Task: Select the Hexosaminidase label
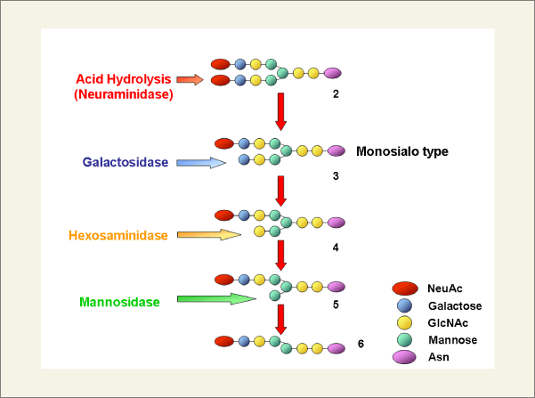click(118, 235)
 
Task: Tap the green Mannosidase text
click(118, 302)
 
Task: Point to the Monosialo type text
click(401, 151)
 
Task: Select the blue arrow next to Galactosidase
click(201, 163)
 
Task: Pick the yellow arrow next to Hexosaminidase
click(209, 235)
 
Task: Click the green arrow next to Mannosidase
click(216, 300)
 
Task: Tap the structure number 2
click(336, 93)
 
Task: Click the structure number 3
click(336, 175)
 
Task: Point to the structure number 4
click(336, 247)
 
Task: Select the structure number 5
click(336, 305)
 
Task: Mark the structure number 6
click(361, 342)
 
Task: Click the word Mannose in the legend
click(452, 340)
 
